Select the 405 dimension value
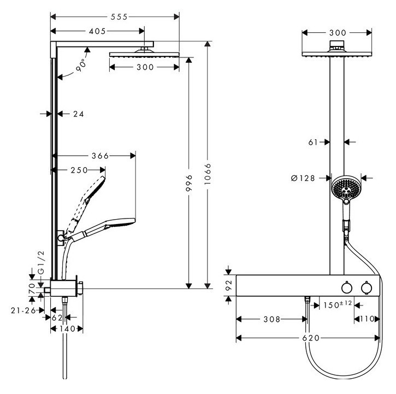[97, 32]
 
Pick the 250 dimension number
[80, 170]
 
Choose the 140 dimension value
[66, 328]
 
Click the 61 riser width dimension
[313, 142]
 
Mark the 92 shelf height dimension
[230, 285]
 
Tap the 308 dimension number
[271, 319]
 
